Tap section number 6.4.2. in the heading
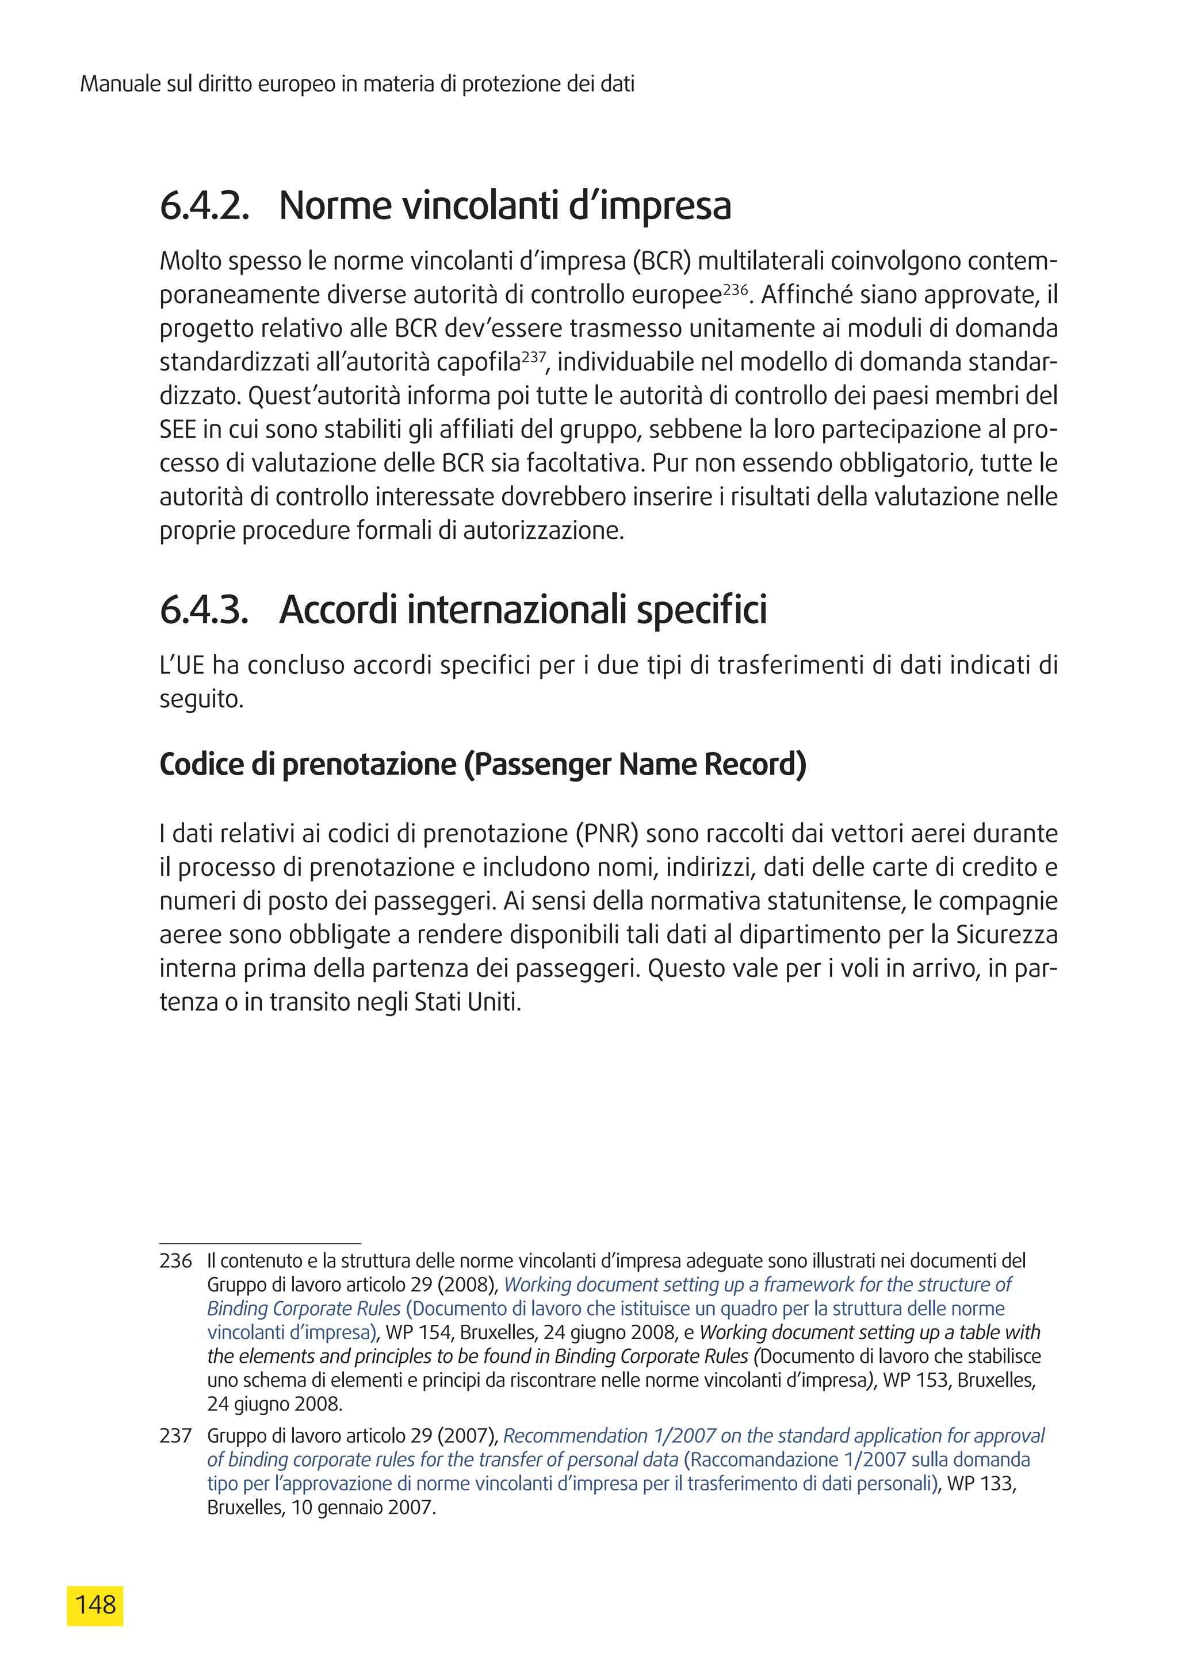point(204,206)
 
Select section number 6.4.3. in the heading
point(204,610)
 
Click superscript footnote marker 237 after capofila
point(534,357)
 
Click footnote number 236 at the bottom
point(175,1261)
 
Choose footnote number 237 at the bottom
point(175,1436)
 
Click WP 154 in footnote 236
point(419,1332)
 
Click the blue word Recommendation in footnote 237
point(575,1436)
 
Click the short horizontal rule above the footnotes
point(260,1244)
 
